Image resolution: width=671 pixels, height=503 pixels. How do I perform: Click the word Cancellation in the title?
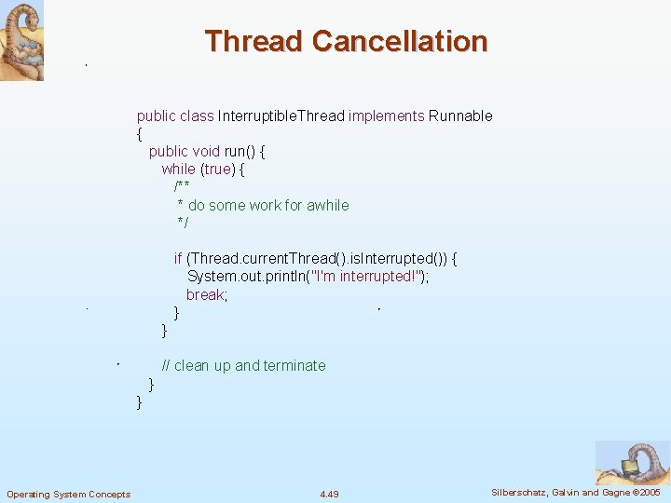400,42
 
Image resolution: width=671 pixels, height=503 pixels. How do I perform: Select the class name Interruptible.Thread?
281,116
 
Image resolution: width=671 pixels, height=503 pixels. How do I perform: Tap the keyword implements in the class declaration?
386,116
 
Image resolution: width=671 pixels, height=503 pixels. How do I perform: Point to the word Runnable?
460,116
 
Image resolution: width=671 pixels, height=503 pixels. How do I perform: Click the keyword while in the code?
178,170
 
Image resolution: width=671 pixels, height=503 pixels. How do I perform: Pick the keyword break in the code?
206,295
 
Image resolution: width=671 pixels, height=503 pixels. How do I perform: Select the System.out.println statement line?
307,277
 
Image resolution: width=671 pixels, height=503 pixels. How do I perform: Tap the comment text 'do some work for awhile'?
268,206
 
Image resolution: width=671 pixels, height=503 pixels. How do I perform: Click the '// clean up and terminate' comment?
243,366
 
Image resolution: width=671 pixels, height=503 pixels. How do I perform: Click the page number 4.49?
329,494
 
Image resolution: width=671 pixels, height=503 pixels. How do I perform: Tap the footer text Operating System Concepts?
69,494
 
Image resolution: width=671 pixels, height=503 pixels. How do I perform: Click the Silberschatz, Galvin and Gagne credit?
575,493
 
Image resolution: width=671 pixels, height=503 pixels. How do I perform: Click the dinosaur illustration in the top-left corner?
21,42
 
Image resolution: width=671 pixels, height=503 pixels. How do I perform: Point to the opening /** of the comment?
182,187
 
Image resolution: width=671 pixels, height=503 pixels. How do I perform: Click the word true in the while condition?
218,170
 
